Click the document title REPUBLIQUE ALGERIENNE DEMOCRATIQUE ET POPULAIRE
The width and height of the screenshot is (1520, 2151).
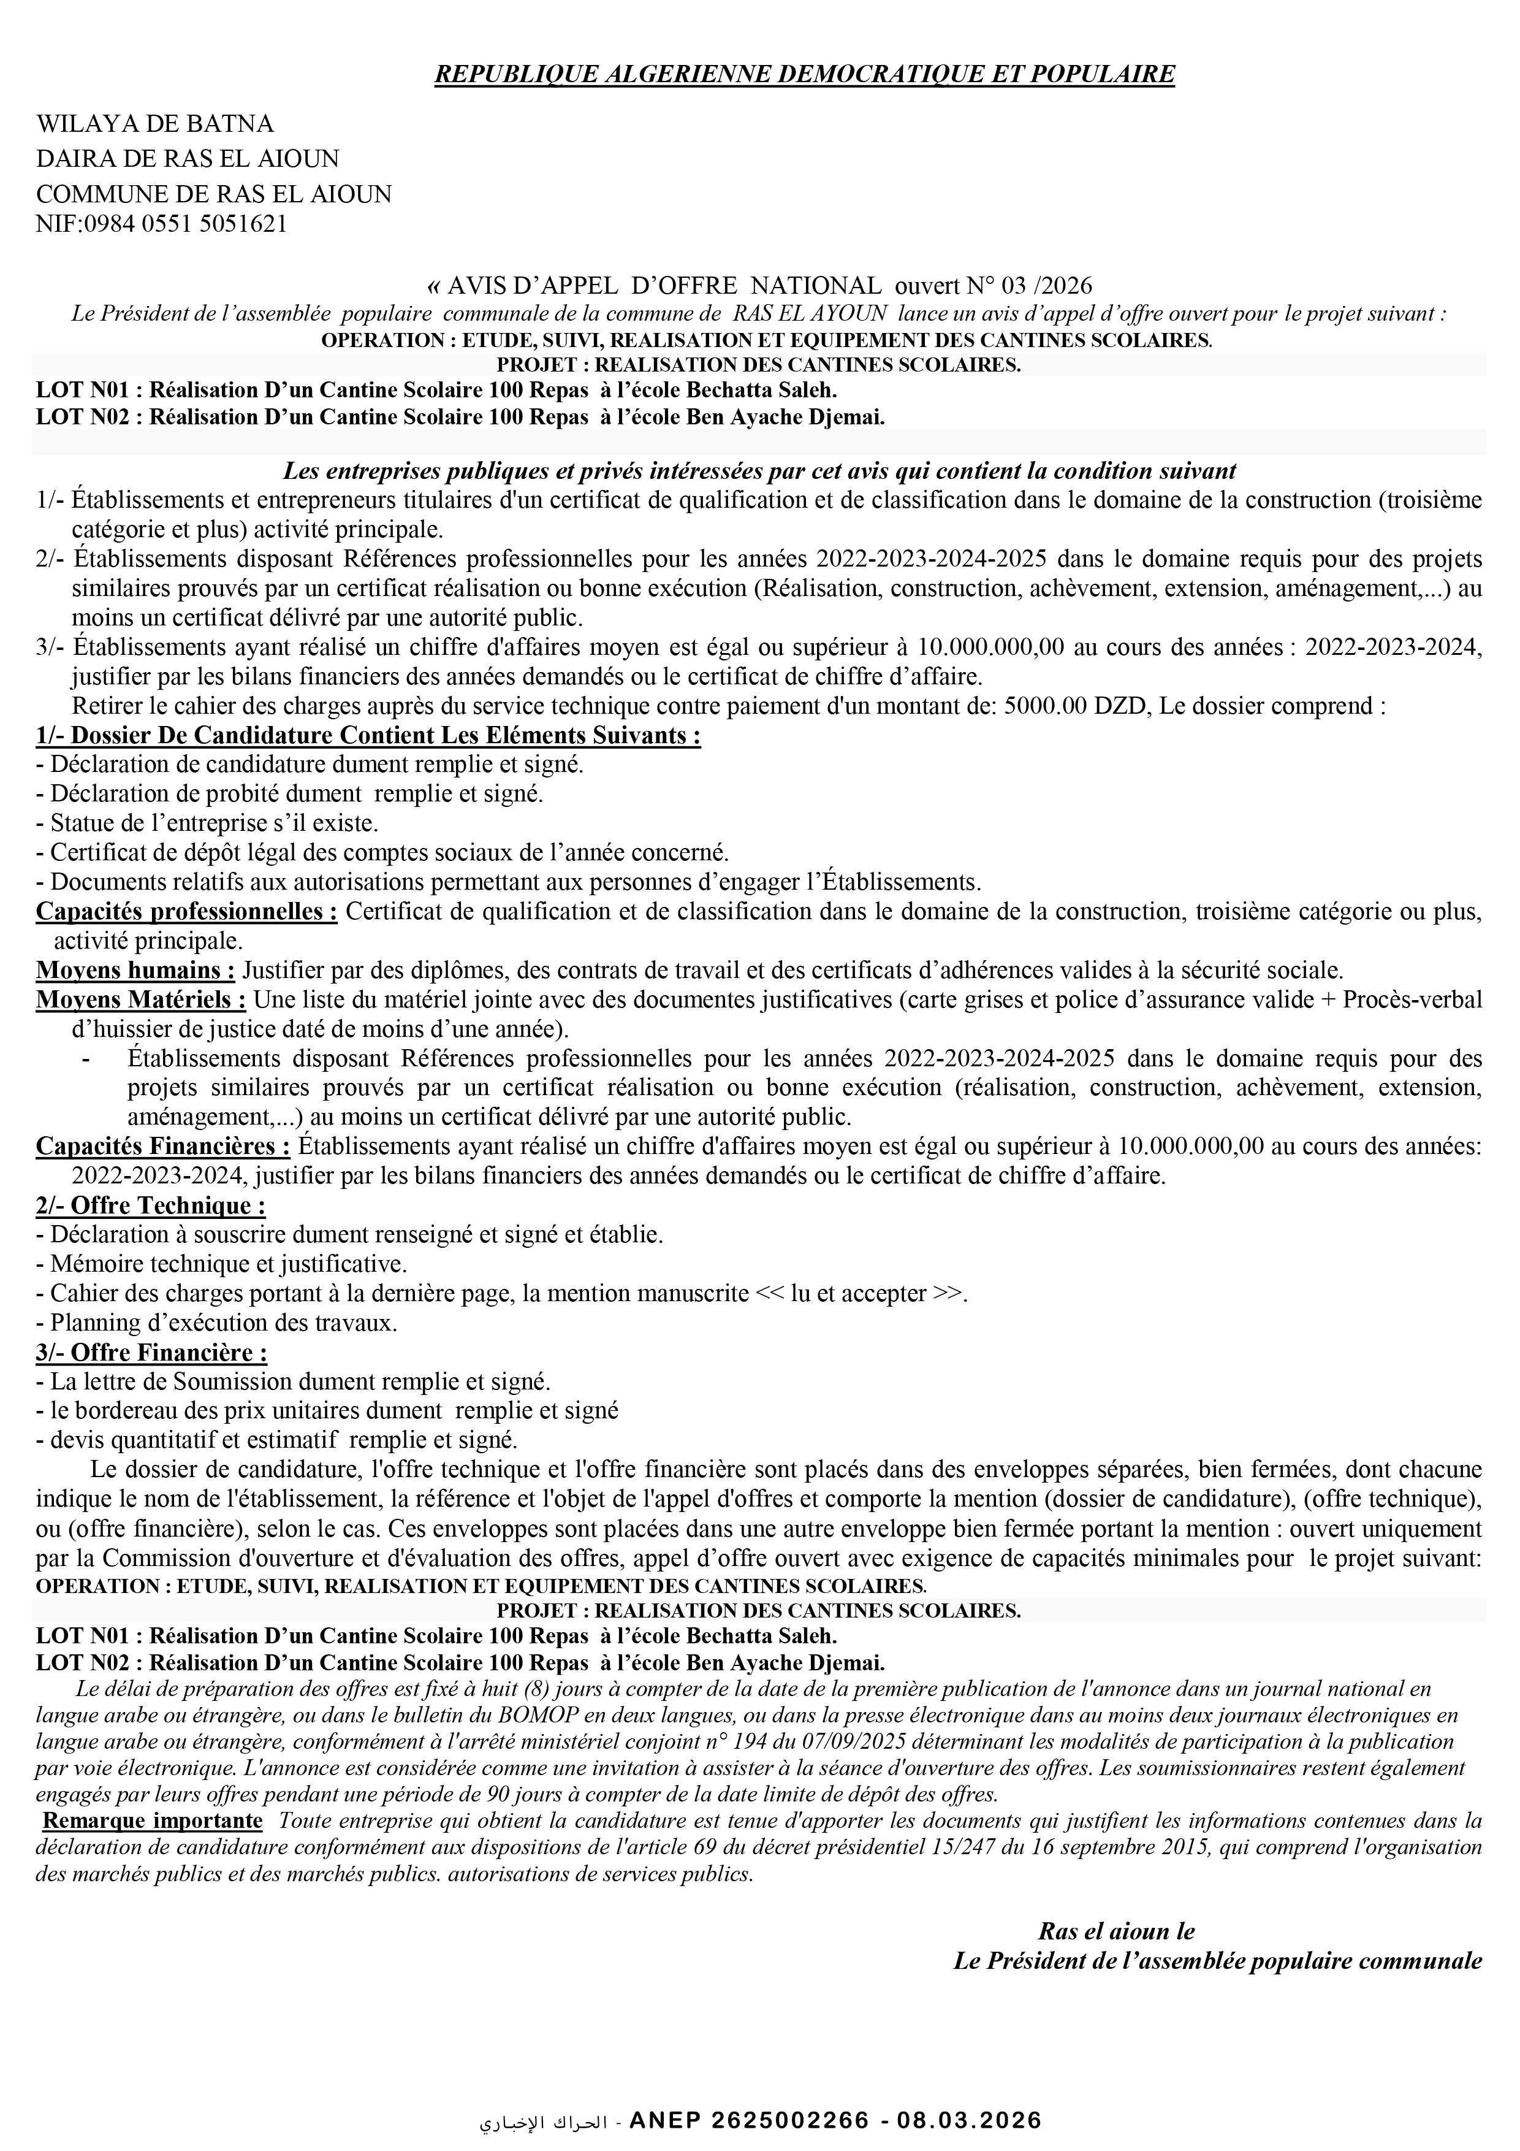(x=804, y=74)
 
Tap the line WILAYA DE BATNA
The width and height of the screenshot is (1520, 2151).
(x=154, y=124)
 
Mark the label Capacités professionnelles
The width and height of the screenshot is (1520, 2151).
(x=186, y=912)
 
